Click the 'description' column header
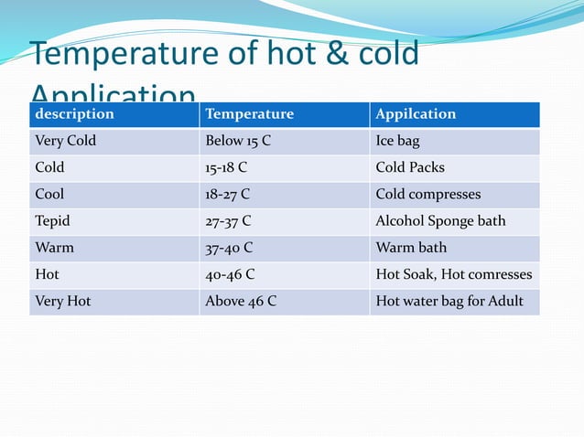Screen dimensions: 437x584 [74, 114]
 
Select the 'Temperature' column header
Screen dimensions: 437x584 [250, 114]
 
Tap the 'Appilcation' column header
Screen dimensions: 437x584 [416, 114]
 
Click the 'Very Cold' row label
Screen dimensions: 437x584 [65, 142]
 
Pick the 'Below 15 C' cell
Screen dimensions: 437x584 [238, 142]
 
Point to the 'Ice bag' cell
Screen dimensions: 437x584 [398, 142]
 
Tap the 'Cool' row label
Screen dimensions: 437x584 [49, 195]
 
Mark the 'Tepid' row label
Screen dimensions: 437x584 [52, 221]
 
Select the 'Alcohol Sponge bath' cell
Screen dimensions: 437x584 [440, 221]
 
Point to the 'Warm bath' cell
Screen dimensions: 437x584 [409, 248]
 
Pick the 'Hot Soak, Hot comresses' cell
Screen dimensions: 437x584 [454, 274]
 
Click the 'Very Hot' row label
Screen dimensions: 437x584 [62, 301]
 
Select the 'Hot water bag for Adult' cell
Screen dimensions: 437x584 [449, 301]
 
